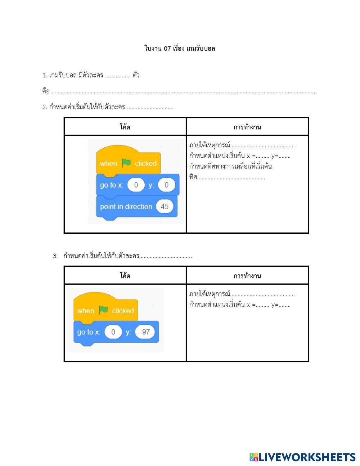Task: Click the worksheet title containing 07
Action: coord(180,48)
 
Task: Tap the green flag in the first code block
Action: coord(126,163)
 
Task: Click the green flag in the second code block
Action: coord(103,310)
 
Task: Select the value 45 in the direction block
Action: coord(165,206)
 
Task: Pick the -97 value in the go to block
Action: coord(145,332)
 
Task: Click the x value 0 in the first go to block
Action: coord(136,185)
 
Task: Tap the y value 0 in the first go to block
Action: coord(166,185)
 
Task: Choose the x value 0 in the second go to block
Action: coord(113,332)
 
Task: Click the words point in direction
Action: coord(126,207)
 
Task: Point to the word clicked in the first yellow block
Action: coord(146,163)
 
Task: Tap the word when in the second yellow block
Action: coord(86,311)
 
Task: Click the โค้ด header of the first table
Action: coord(125,127)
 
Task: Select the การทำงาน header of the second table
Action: coord(247,276)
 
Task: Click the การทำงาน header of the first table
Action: coord(247,127)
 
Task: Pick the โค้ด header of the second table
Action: coord(125,276)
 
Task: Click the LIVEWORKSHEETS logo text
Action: coord(307,457)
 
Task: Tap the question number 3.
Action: coord(55,256)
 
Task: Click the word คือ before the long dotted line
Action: coord(46,91)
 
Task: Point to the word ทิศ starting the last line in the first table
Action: coord(193,177)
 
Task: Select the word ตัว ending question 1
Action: coord(136,75)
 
